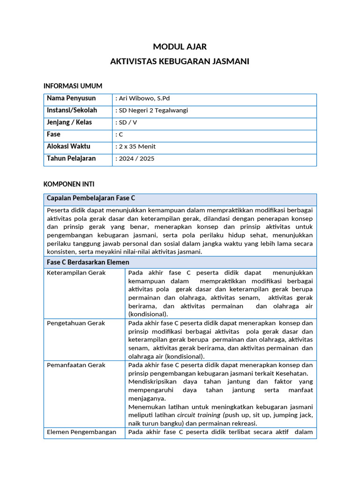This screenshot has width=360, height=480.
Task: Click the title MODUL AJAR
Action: pos(180,46)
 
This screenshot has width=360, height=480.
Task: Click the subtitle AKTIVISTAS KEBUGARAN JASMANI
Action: pos(180,61)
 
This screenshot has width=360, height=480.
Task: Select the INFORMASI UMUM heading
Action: pos(73,86)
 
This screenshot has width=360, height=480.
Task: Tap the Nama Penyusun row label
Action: pos(71,98)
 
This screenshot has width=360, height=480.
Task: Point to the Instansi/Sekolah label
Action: pos(72,111)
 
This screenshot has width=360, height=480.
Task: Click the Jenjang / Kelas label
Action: pos(69,122)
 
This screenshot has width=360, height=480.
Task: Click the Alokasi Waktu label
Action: pos(68,147)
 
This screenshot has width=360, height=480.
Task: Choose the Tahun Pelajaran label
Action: pos(71,158)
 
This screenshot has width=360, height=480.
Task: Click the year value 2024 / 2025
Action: pos(135,158)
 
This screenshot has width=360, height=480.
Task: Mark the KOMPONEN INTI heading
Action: pos(69,184)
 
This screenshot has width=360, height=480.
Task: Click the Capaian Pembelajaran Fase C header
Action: pos(91,198)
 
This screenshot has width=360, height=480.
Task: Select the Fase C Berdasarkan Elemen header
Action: pos(88,262)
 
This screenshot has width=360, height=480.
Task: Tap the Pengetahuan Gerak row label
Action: pos(76,323)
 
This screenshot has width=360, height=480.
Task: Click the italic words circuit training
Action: pos(198,415)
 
